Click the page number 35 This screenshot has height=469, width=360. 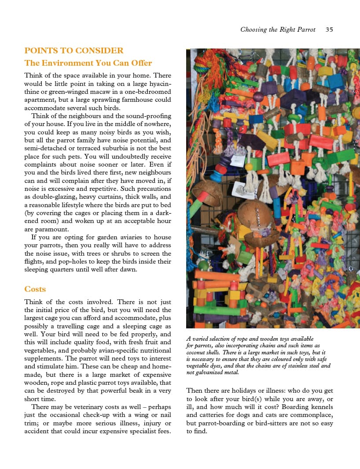click(x=329, y=30)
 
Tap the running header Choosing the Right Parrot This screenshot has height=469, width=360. click(x=278, y=30)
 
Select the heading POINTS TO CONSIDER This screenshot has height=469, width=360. click(x=74, y=51)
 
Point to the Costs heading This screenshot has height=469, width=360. click(x=35, y=289)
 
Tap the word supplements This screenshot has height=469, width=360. click(x=40, y=358)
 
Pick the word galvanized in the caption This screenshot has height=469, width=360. click(x=208, y=372)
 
